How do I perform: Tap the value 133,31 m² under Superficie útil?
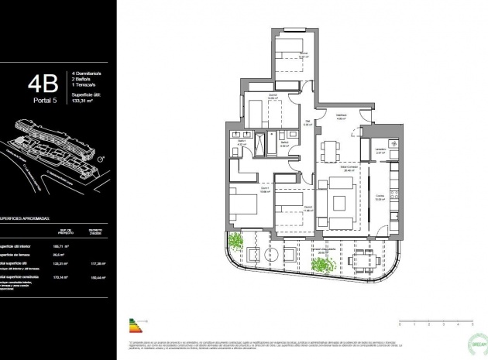tap(81, 101)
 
